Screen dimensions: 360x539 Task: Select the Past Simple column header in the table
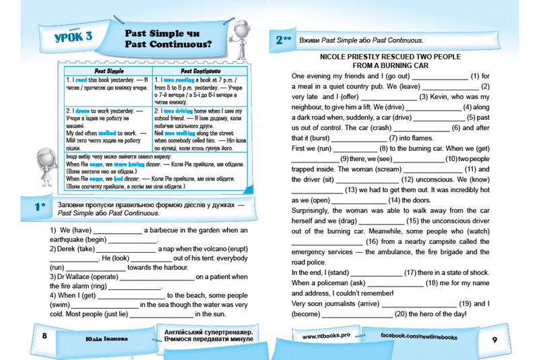click(106, 69)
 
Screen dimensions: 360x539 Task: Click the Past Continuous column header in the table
click(191, 69)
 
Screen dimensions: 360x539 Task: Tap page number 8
click(44, 336)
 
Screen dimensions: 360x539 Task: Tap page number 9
click(495, 338)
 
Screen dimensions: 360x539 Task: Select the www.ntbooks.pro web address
click(325, 335)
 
